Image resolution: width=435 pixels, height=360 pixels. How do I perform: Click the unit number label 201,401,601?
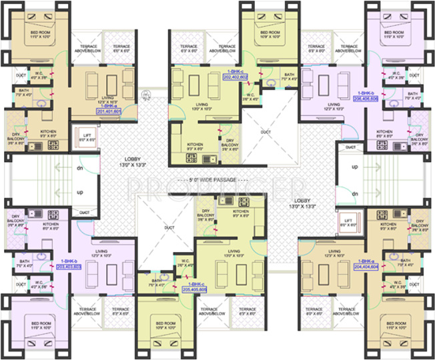[x=113, y=111]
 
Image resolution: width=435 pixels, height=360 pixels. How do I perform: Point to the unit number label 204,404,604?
[x=366, y=266]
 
